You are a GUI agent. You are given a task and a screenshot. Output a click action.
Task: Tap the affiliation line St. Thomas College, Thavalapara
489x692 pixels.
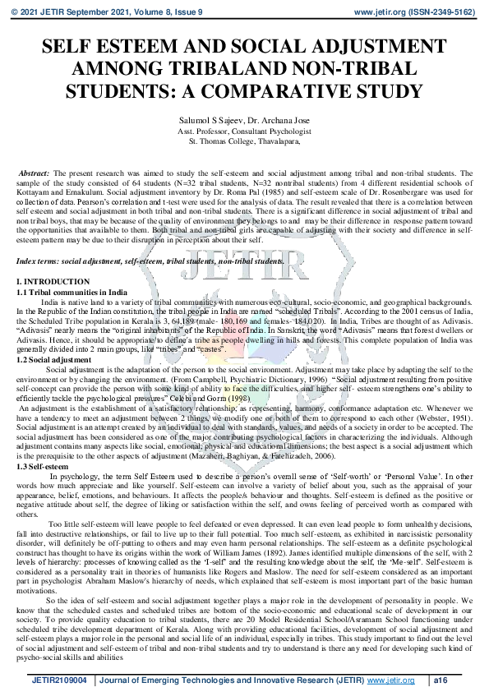(244, 141)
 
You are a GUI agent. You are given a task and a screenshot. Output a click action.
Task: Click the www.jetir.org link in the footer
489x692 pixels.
(390, 680)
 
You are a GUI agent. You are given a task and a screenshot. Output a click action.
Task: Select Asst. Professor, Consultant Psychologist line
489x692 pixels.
(244, 131)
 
